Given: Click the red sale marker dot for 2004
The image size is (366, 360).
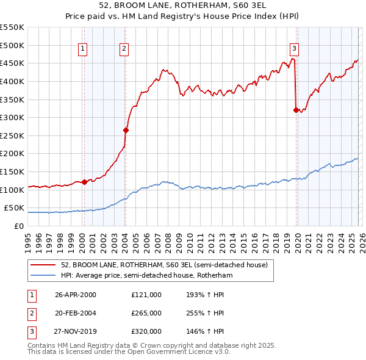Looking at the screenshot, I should tap(126, 130).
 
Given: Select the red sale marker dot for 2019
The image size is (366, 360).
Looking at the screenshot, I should tap(296, 110).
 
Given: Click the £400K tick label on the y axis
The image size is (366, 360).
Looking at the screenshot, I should tap(12, 81).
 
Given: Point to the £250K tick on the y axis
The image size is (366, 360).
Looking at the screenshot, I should tap(12, 135).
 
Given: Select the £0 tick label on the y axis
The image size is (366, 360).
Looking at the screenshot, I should tap(18, 226).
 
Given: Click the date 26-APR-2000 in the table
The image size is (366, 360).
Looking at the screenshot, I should tap(76, 295).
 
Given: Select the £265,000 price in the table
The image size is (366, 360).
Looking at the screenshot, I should tap(146, 313).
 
